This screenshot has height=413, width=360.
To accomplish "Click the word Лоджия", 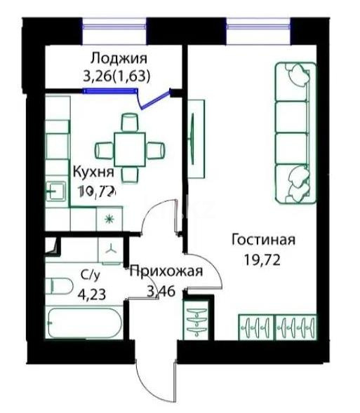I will tap(118, 58).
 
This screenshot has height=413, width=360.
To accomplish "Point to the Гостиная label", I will tap(263, 240).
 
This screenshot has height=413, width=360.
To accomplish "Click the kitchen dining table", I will tap(131, 148).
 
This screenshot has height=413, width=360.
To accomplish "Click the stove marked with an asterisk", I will tap(109, 218).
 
